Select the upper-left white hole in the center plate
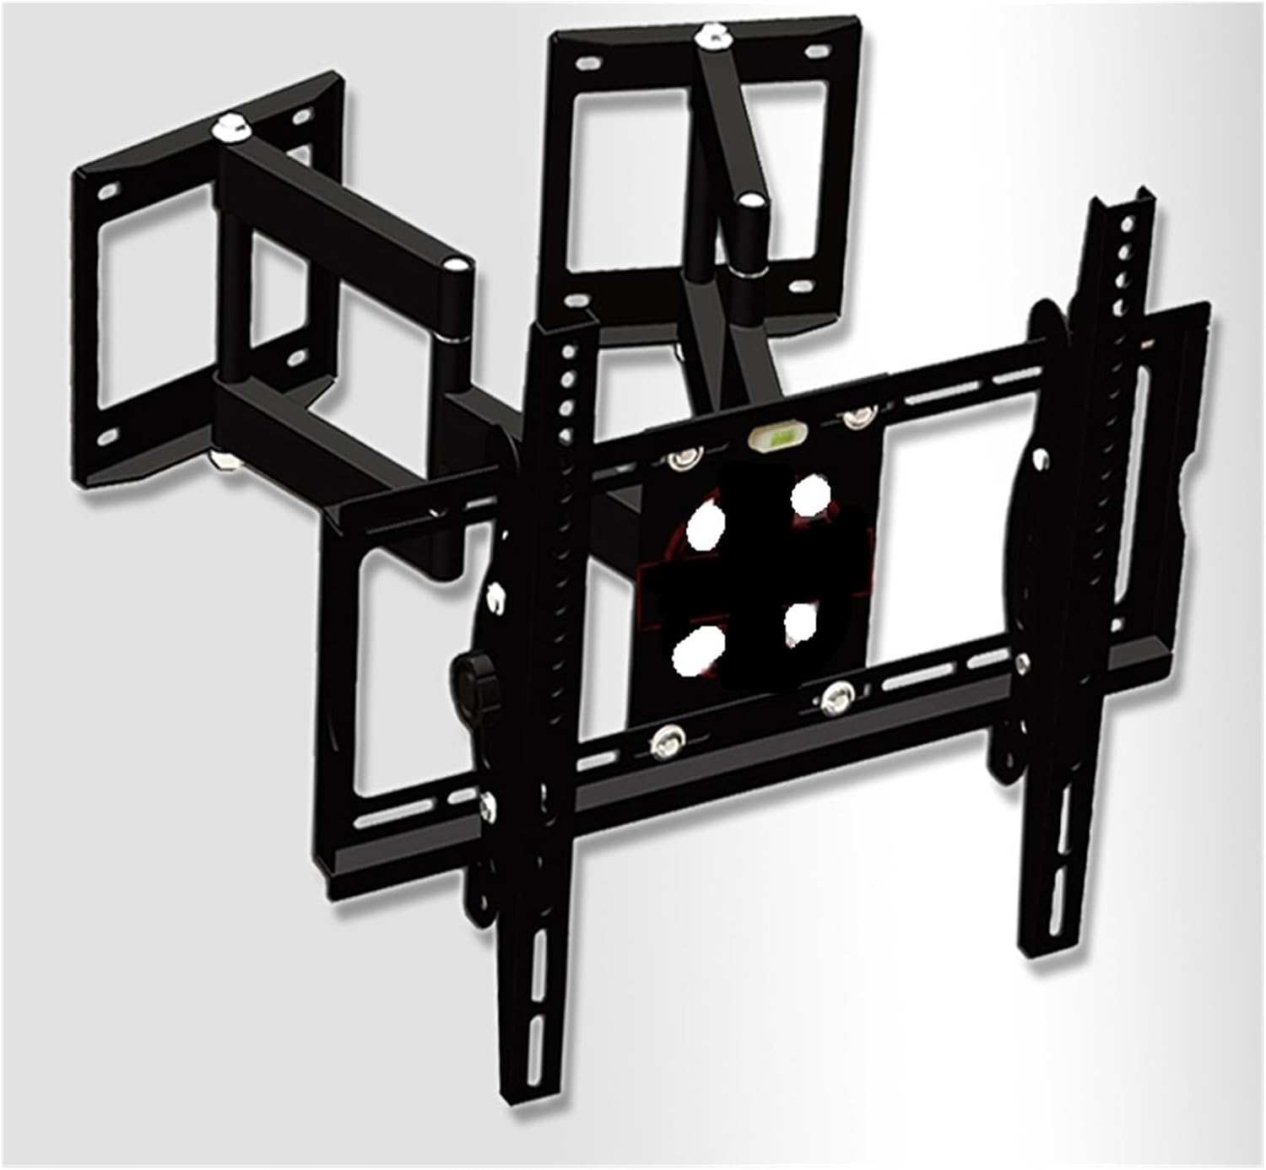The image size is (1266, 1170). coord(706,527)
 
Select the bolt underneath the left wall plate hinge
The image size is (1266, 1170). coord(225,461)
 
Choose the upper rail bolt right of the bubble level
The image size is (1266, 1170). coord(856,417)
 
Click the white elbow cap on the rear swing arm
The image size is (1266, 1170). coord(748,202)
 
